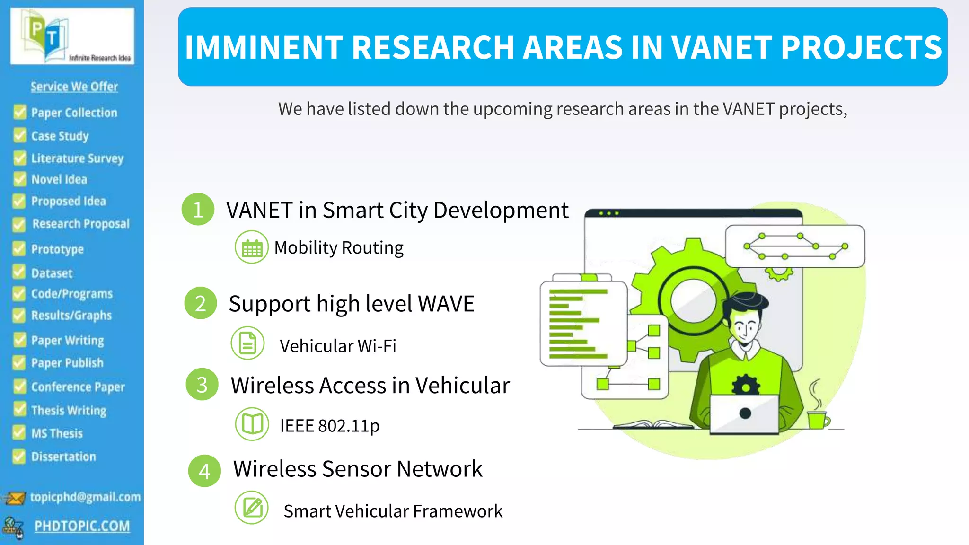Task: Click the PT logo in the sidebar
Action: point(72,36)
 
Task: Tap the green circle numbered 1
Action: point(198,209)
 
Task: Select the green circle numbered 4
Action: point(204,471)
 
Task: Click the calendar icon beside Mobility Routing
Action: point(252,247)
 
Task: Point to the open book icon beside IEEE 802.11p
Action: point(252,424)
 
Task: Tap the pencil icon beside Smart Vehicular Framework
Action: point(252,508)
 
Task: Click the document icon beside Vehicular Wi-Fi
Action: point(247,343)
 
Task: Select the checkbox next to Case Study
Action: point(20,135)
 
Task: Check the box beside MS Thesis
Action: point(19,432)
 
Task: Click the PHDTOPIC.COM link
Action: point(82,526)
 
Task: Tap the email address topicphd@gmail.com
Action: point(85,497)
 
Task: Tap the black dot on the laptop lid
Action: point(745,413)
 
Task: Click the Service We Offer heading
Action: point(74,87)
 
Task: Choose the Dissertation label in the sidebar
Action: point(63,457)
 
